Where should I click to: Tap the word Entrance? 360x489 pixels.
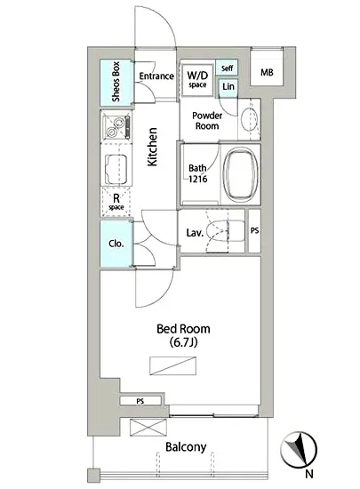pos(156,76)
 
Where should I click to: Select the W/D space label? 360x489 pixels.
pos(197,77)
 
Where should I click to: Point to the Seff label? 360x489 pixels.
pos(228,69)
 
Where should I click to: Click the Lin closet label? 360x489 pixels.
pos(228,87)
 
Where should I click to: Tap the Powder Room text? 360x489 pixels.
pos(206,120)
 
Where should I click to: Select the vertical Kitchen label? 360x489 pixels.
pos(153,147)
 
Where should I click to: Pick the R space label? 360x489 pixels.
pos(116,202)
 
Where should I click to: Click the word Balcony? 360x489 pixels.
pos(185,447)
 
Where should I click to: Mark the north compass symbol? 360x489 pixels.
pos(300,449)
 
